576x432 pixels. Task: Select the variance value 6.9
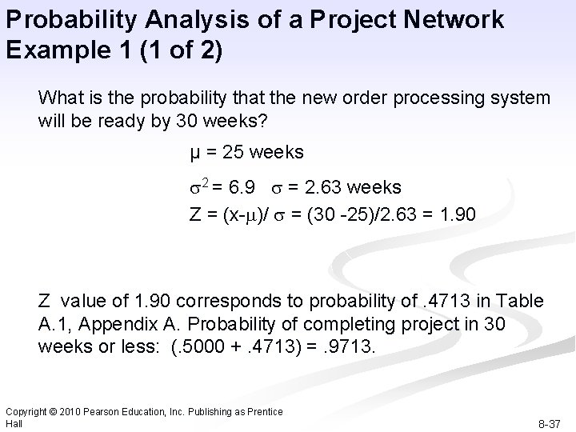pyautogui.click(x=242, y=187)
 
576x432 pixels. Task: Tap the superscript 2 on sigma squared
pyautogui.click(x=203, y=184)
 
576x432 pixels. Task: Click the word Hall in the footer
pyautogui.click(x=13, y=422)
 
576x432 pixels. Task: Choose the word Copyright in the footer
pyautogui.click(x=26, y=410)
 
